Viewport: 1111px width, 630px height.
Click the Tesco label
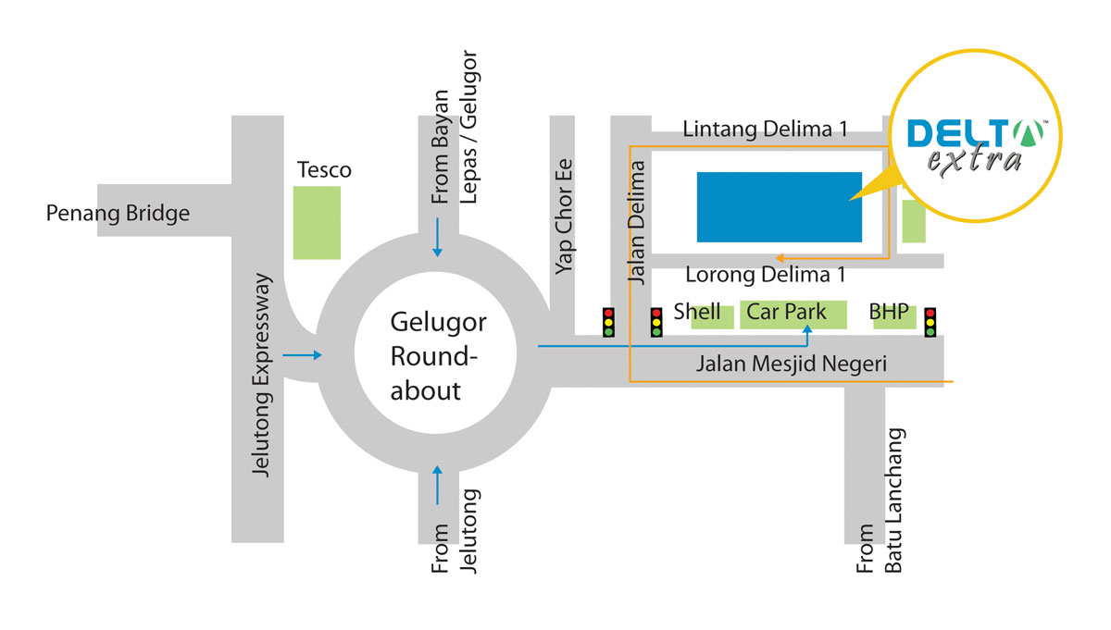click(324, 170)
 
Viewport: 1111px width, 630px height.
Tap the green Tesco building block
click(317, 222)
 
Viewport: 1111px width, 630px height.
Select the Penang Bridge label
click(119, 214)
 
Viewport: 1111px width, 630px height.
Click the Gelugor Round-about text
click(438, 357)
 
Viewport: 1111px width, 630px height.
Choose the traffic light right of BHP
click(930, 322)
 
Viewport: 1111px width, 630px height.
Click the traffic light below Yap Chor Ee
click(608, 322)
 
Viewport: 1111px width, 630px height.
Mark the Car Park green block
click(793, 315)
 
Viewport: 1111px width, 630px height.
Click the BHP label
click(889, 312)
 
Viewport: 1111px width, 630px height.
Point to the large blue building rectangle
click(779, 207)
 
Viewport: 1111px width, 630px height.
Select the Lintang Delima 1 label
click(765, 130)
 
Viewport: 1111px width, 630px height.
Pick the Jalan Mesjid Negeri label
click(792, 365)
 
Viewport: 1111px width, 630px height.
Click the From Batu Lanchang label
click(879, 500)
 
